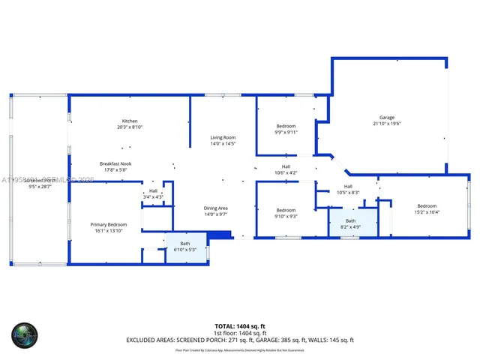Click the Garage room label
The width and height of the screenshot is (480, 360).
pos(386,117)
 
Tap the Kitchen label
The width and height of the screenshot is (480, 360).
pos(130,121)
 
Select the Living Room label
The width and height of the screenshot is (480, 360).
pos(223,137)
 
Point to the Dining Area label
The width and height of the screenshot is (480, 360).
pos(215,208)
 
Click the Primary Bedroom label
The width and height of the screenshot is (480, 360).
pos(109,224)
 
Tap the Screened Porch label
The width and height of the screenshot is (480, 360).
pos(39,181)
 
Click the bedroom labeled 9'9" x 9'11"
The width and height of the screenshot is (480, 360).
pos(286,126)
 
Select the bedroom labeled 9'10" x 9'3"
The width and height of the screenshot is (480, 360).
pos(286,210)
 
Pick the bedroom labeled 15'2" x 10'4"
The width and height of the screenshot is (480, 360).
pos(427,206)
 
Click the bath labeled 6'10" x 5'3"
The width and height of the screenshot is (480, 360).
pos(184,244)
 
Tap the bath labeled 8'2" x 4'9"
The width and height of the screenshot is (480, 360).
pos(351,221)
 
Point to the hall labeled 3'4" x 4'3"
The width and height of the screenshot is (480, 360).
pos(153,191)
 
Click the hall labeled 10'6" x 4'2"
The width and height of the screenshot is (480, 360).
pos(286,166)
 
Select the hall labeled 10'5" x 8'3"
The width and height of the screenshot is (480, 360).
pos(348,187)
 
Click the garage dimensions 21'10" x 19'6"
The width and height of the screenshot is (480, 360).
pos(386,123)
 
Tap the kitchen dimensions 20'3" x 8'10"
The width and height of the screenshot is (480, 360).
pos(130,127)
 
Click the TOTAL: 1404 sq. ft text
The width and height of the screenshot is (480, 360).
pos(240,326)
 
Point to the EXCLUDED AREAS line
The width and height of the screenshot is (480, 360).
pos(240,340)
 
